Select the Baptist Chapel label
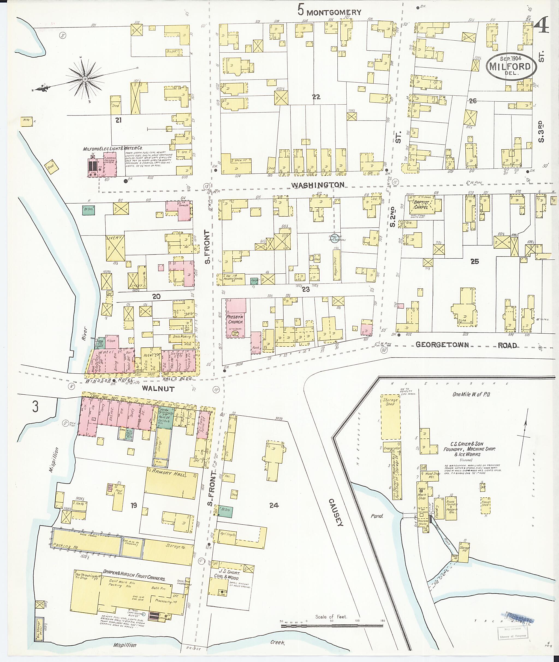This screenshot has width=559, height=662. [x=421, y=205]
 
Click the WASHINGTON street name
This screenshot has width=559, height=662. [x=317, y=185]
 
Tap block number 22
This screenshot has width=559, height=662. [x=316, y=97]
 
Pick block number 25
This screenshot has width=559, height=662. [x=474, y=261]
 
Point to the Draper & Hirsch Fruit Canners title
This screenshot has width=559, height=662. [x=134, y=576]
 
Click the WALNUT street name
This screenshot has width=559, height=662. [x=158, y=389]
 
